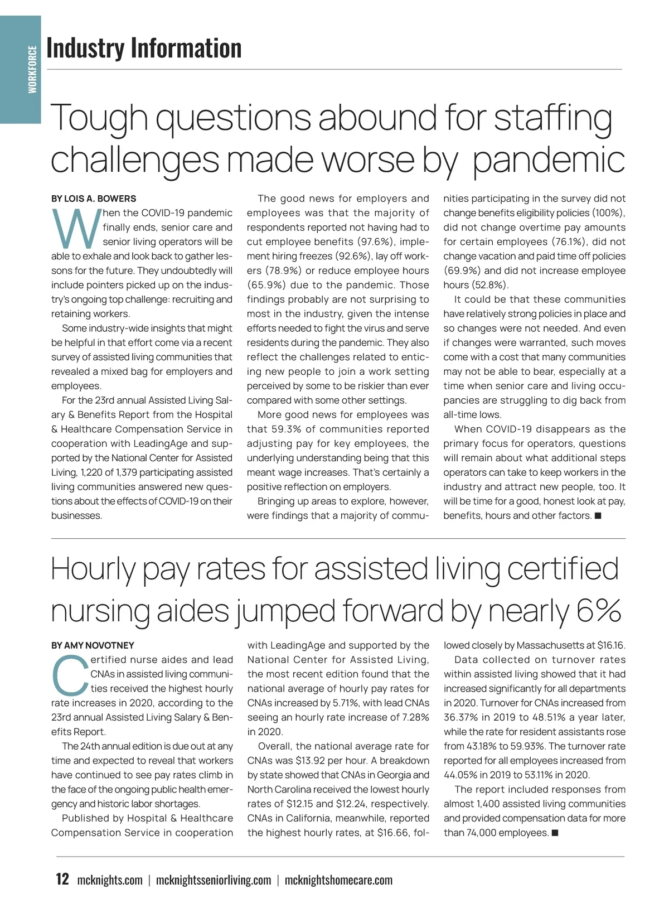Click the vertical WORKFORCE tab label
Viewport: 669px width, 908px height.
(32, 70)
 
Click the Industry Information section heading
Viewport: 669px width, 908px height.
(144, 48)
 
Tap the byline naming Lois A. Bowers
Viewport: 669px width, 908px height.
(94, 199)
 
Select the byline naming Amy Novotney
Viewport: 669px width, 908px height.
(93, 645)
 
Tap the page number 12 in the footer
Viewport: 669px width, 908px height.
(62, 880)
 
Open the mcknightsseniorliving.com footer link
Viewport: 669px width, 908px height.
(214, 880)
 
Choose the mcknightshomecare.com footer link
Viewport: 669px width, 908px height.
(338, 880)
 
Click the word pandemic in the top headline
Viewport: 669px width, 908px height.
(549, 160)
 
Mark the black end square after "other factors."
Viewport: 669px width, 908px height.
(598, 516)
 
